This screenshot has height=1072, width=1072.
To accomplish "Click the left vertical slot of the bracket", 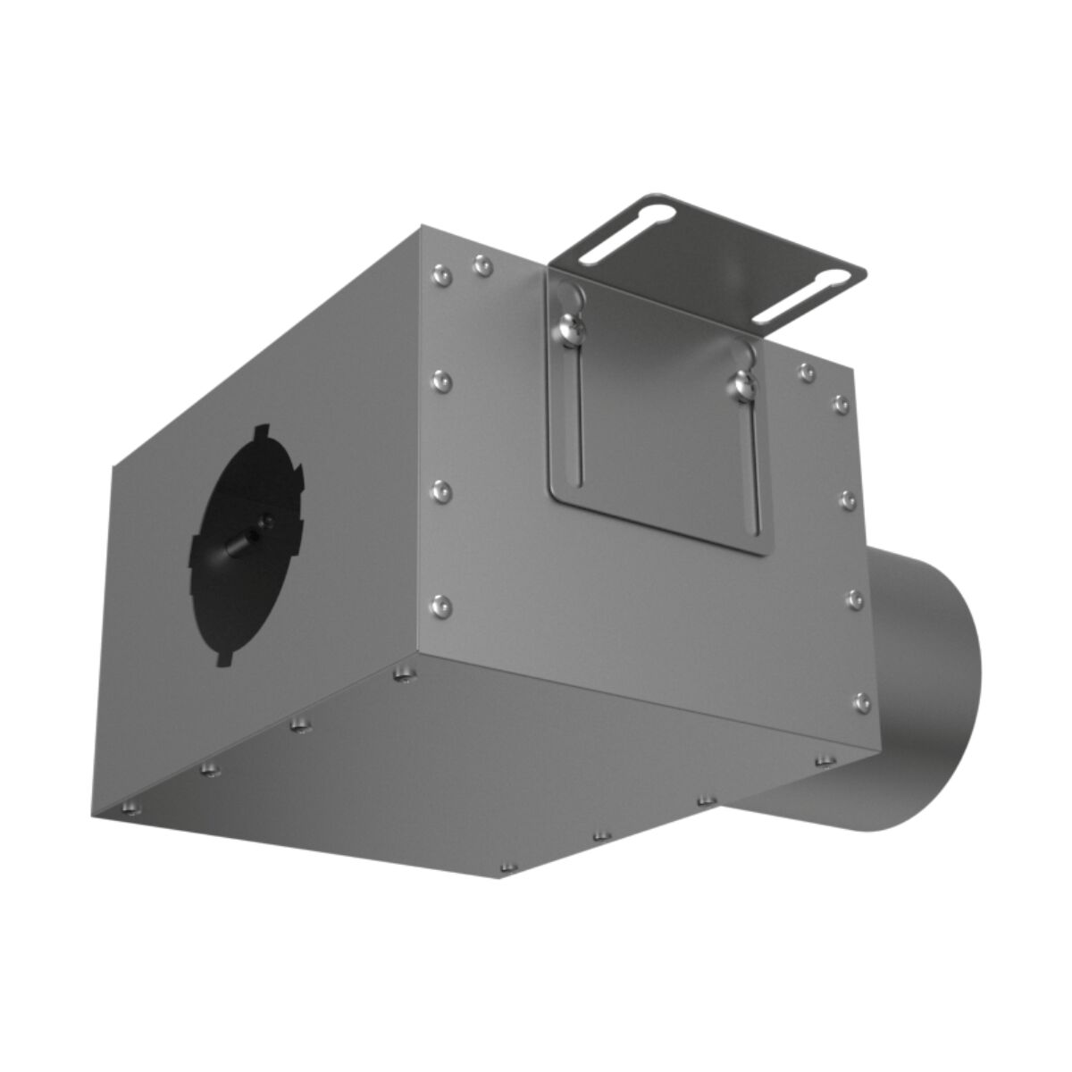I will point(578,411).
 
